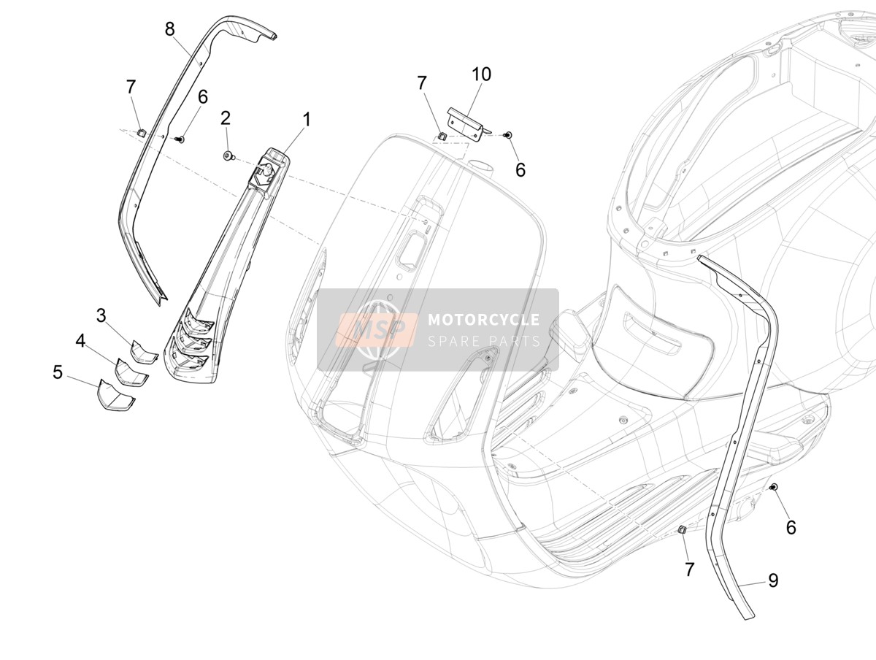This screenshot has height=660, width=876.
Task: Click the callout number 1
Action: point(306,119)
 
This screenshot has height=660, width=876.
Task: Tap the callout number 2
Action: point(226,118)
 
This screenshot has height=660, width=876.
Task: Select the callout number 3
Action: point(101,315)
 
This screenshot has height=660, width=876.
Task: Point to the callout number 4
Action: point(80,341)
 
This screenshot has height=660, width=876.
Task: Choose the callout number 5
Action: point(58,372)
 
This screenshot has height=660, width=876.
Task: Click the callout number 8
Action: point(169,29)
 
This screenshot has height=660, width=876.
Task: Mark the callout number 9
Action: point(773,580)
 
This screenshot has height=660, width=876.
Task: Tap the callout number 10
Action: point(481,74)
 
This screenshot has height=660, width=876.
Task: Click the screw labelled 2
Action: point(228,156)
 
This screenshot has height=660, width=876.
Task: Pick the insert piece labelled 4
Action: point(131,372)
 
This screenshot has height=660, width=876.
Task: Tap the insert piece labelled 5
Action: point(115,395)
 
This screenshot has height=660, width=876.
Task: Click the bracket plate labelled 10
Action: point(466,125)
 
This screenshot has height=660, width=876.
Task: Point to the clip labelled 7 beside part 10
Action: point(442,136)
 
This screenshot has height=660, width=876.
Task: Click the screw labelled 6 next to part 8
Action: point(180,139)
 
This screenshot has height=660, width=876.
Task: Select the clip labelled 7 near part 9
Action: point(682,529)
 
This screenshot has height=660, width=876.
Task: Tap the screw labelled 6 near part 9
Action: point(773,487)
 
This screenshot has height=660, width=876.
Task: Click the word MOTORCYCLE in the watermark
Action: point(484,320)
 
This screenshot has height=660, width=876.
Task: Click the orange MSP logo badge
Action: point(377,329)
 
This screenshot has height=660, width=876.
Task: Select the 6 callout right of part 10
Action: point(520,169)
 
